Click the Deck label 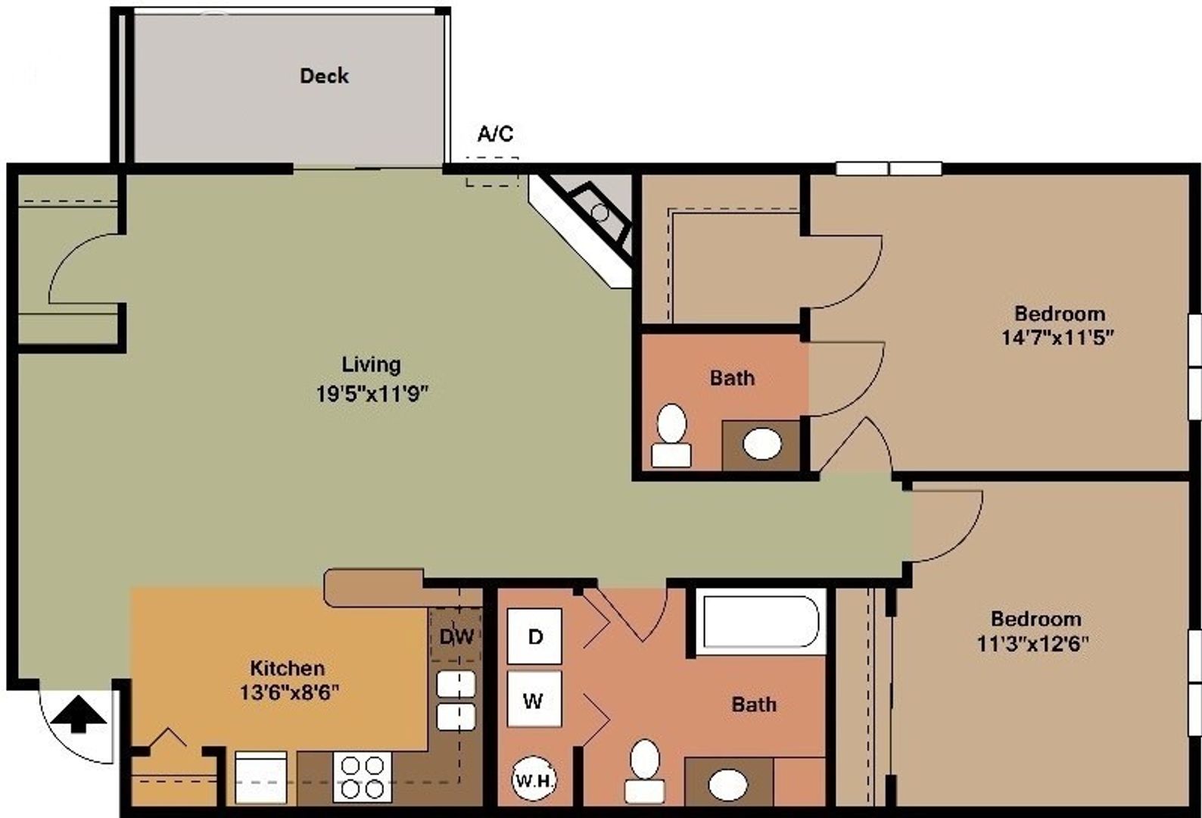click(324, 76)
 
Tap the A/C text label click(495, 134)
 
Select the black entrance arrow click(78, 715)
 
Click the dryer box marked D click(534, 636)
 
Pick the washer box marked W click(534, 700)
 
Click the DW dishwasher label click(456, 636)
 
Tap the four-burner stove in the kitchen click(362, 777)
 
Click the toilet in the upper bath click(671, 435)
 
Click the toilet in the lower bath click(645, 770)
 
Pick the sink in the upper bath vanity click(761, 444)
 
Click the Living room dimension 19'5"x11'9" click(372, 393)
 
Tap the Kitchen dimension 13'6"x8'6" click(288, 692)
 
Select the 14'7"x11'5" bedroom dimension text click(1058, 337)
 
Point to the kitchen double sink click(456, 701)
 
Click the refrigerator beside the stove click(260, 777)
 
